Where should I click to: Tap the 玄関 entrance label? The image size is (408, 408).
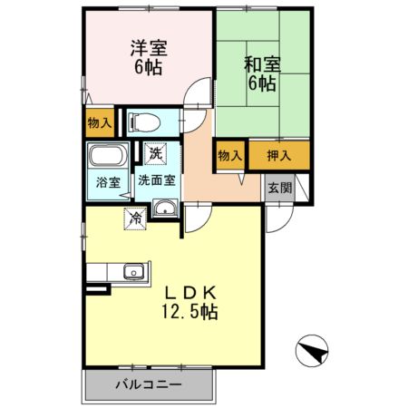[x=279, y=188]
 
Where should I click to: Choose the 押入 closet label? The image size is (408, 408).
[x=278, y=156]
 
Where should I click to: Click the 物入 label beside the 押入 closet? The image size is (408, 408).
[x=230, y=156]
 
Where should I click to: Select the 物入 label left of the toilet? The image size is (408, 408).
[x=99, y=122]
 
